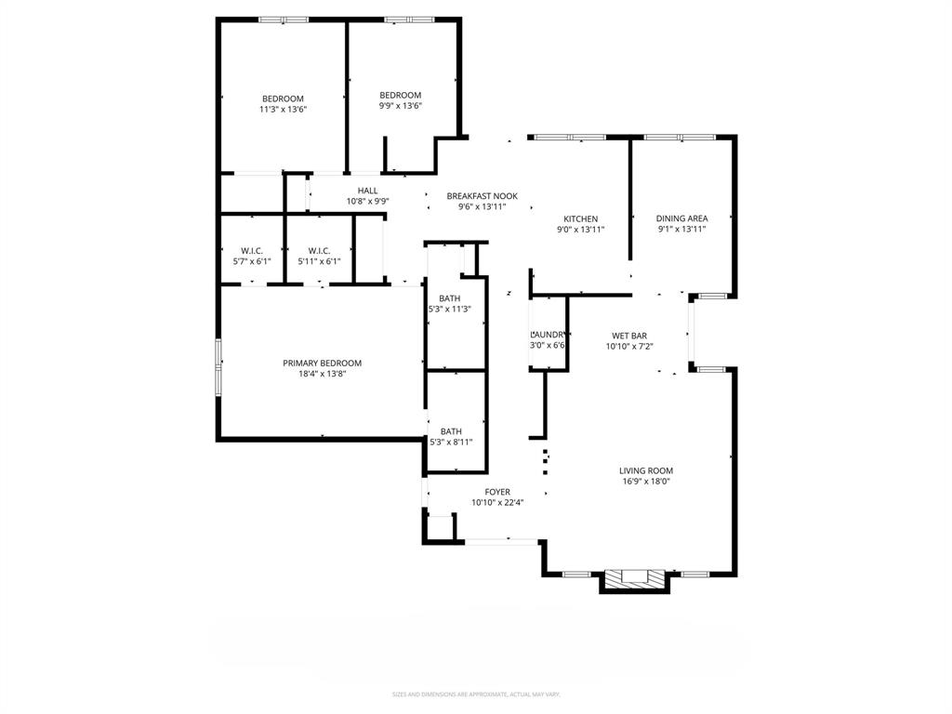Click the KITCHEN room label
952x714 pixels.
580,218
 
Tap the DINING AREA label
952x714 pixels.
681,218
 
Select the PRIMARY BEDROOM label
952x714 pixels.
322,363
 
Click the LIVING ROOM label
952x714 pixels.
647,470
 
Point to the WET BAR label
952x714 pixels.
629,336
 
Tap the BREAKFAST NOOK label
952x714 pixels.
482,196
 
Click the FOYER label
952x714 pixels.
497,492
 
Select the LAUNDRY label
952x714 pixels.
548,335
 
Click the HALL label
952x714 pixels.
367,191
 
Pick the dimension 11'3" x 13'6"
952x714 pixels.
283,110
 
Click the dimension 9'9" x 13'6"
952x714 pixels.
400,106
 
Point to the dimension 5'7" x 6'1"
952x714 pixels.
252,261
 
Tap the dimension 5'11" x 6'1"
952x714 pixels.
319,261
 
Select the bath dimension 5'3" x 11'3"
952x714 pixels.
450,310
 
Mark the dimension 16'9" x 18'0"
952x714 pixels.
647,482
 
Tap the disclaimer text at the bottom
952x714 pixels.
476,694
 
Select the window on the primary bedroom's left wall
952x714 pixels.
218,367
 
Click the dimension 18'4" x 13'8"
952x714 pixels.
322,374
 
